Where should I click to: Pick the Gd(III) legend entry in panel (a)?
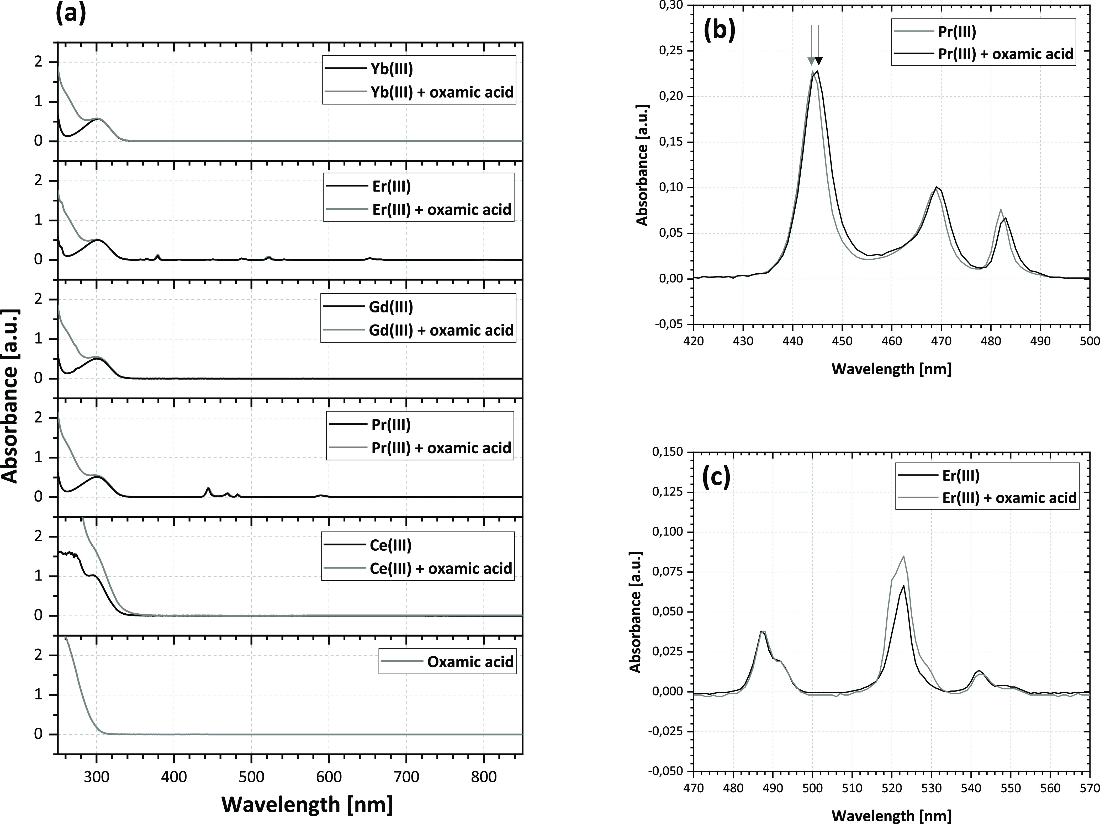(392, 307)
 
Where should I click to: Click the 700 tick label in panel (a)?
(406, 777)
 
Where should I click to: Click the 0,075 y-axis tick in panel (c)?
(667, 572)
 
